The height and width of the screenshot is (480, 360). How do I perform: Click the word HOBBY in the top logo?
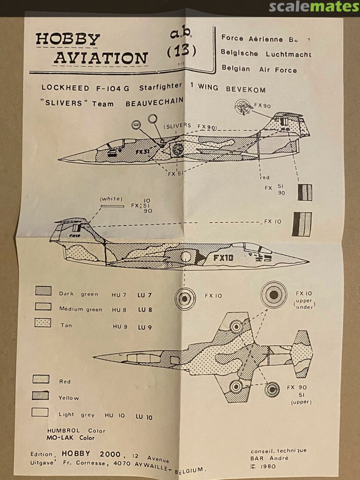click(x=68, y=40)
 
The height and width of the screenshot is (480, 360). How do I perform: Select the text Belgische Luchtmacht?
click(x=266, y=53)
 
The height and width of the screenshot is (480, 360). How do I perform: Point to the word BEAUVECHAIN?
click(x=154, y=102)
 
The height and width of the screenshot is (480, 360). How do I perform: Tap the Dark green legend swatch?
click(x=43, y=291)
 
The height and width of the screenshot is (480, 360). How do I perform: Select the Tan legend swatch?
click(x=43, y=323)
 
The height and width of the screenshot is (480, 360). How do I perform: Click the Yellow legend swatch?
click(x=41, y=395)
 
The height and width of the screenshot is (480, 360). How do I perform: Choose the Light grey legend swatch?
click(x=40, y=412)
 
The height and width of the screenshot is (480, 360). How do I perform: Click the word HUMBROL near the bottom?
click(x=64, y=430)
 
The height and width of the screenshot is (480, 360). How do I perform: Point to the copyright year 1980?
click(x=268, y=466)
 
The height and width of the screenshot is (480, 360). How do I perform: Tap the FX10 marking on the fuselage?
click(x=223, y=258)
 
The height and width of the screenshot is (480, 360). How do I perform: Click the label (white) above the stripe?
click(x=111, y=199)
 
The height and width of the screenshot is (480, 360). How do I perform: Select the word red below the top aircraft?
click(x=265, y=177)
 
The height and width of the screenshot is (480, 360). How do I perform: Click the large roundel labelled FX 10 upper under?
click(x=274, y=294)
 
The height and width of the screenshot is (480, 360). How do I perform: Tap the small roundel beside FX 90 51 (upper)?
click(x=272, y=389)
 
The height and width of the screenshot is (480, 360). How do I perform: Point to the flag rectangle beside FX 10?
click(x=302, y=224)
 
